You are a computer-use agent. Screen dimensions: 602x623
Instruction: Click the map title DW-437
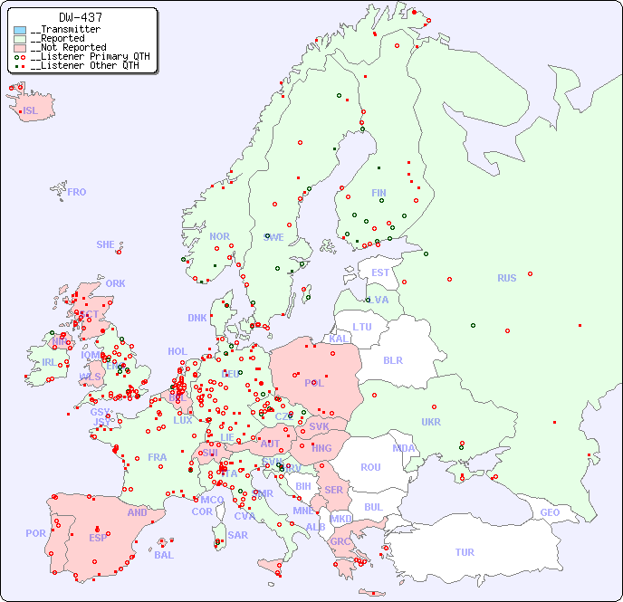click(81, 17)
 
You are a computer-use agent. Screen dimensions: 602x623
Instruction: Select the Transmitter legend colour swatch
click(20, 30)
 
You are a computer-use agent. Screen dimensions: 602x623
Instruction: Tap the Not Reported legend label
click(68, 47)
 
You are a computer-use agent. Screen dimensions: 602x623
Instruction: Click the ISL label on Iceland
click(31, 111)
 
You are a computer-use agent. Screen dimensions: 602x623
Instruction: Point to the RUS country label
click(506, 278)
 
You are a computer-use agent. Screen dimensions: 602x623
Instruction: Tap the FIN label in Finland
click(379, 193)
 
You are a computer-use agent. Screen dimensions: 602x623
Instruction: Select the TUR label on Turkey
click(465, 552)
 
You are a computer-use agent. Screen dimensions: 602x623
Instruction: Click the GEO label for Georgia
click(550, 512)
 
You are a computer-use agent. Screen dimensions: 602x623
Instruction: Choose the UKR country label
click(431, 422)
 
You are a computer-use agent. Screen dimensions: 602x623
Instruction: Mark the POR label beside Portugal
click(35, 533)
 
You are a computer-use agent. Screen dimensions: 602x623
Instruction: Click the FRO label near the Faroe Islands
click(77, 192)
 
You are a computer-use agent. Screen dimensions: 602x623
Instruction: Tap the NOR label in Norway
click(219, 236)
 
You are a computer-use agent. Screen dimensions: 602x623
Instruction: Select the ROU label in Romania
click(370, 467)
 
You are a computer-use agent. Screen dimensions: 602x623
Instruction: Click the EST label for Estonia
click(380, 272)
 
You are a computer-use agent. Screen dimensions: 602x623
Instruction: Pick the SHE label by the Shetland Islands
click(106, 244)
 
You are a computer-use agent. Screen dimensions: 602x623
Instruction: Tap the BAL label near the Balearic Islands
click(163, 555)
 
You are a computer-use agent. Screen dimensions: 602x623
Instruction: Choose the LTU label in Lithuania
click(362, 327)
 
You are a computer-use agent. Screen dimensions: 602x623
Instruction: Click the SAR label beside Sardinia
click(237, 535)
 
